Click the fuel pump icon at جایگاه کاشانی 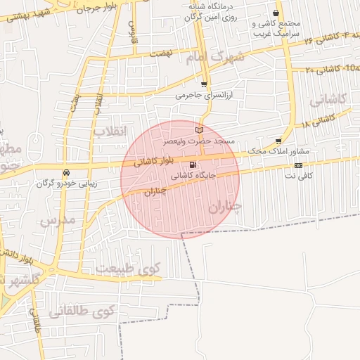(193, 166)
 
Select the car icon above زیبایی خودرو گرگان (66, 173)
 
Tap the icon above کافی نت (299, 165)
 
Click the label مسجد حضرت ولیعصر (199, 141)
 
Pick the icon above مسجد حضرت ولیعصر (199, 131)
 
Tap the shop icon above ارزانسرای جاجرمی (204, 84)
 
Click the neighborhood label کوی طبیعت (128, 268)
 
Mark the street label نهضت (161, 53)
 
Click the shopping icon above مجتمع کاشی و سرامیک (276, 13)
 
